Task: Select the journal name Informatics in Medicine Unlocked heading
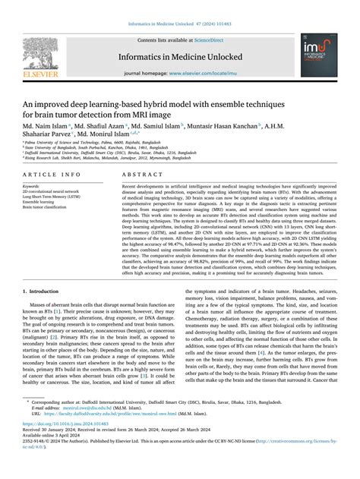click(x=179, y=55)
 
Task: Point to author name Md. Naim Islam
click(x=45, y=124)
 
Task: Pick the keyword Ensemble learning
click(x=40, y=202)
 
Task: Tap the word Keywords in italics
click(x=31, y=185)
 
